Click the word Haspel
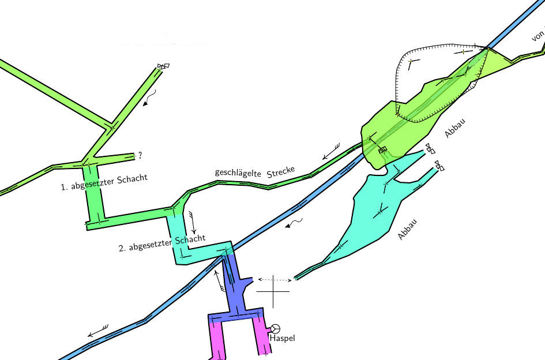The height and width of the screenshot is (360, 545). tap(282, 338)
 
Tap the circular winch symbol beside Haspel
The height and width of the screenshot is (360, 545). tap(276, 328)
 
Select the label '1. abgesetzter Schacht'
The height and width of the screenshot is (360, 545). tap(104, 182)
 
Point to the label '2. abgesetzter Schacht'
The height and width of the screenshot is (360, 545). tap(162, 244)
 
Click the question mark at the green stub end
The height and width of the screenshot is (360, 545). tap(140, 155)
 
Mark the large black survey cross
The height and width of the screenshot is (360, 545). tap(273, 291)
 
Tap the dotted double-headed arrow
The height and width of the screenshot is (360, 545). tap(274, 280)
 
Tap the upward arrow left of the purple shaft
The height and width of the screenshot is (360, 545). tap(217, 279)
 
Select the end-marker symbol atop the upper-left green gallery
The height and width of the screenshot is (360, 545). tap(163, 66)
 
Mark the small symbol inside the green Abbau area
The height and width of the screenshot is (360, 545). tap(382, 150)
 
